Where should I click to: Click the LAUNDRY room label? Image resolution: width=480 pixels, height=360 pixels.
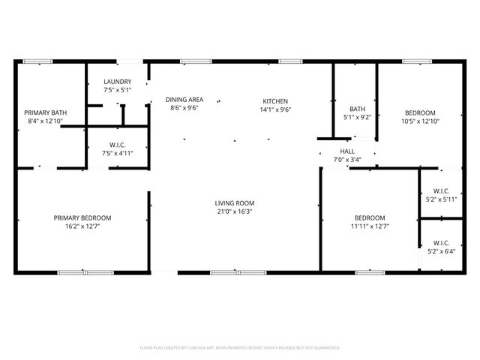click(x=118, y=82)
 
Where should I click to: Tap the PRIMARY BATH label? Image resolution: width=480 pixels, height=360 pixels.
click(x=45, y=112)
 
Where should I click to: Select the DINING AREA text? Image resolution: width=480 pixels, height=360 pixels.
click(x=184, y=100)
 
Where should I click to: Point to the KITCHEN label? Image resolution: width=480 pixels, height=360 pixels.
click(x=274, y=101)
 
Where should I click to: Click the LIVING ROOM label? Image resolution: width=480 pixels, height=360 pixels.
click(x=235, y=203)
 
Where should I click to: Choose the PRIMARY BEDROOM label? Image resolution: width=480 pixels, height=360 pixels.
click(x=88, y=218)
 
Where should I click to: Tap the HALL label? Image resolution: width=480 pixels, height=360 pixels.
click(x=347, y=151)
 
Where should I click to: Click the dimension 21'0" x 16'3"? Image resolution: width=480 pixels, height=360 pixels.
click(x=235, y=211)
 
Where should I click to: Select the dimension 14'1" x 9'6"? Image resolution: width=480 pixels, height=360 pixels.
click(x=274, y=109)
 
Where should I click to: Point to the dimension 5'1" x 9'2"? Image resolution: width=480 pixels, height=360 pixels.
click(x=356, y=116)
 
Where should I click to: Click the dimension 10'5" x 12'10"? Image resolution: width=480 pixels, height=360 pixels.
click(x=419, y=121)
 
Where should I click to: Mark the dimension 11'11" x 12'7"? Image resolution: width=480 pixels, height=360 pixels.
click(x=370, y=226)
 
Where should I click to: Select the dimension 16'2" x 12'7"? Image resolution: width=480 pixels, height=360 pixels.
click(x=88, y=226)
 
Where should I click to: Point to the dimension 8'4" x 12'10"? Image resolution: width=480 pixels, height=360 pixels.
click(x=45, y=121)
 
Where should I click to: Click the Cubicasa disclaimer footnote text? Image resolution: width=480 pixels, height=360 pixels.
click(x=240, y=348)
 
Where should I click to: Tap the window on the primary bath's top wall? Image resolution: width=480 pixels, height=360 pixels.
click(x=37, y=61)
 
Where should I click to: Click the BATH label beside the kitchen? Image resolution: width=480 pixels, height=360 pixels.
click(x=356, y=108)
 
